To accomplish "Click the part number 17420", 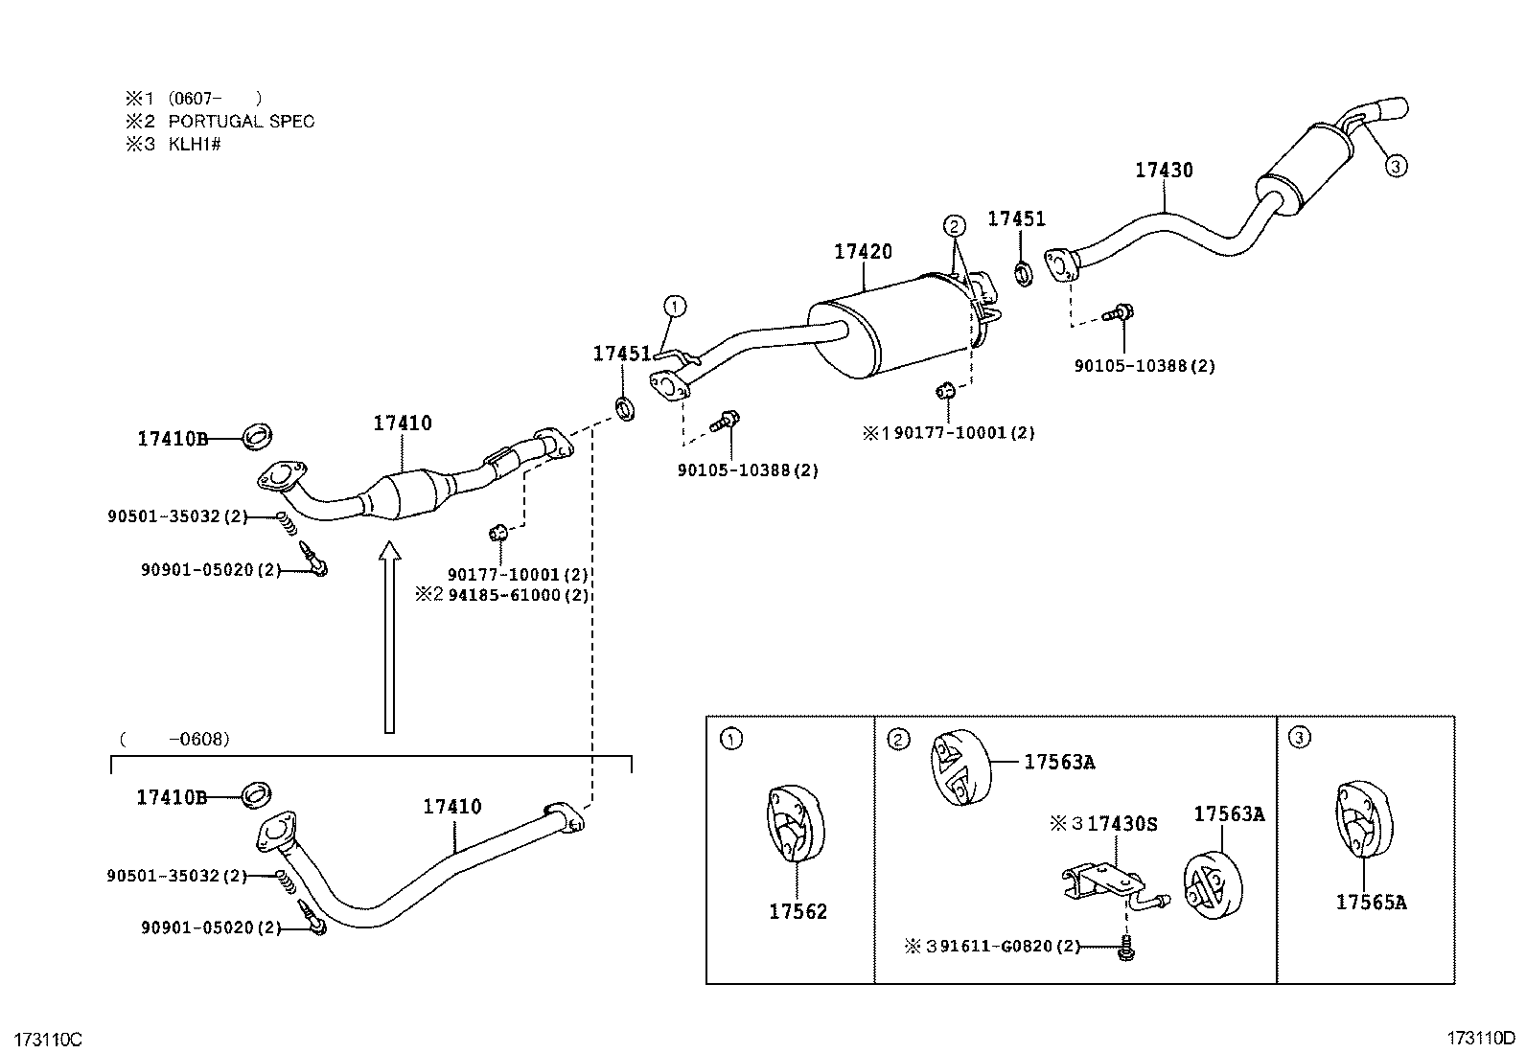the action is (863, 251).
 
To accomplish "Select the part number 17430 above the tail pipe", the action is (1164, 170).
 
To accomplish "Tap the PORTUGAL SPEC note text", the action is (242, 122).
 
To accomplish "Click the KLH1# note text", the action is (195, 144).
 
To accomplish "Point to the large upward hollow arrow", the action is (390, 637).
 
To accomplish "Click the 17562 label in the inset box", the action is (798, 911).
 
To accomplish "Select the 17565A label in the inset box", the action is (1371, 902).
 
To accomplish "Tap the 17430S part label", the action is (1122, 823).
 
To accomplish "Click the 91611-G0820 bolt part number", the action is (1010, 946).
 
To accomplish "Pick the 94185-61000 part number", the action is (519, 595).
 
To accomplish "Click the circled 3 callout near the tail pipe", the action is (1396, 166).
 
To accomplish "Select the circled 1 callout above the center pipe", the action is (675, 307).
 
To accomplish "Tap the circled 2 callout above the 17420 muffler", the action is (954, 226).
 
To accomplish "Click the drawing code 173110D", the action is (1481, 1038).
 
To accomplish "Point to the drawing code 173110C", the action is (48, 1040).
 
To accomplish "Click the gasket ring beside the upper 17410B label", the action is (258, 437).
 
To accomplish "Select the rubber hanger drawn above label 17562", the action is (795, 823).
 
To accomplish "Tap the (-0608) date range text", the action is (174, 739).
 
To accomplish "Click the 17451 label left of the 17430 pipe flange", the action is (1016, 218).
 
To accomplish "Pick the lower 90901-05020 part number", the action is (211, 927).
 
